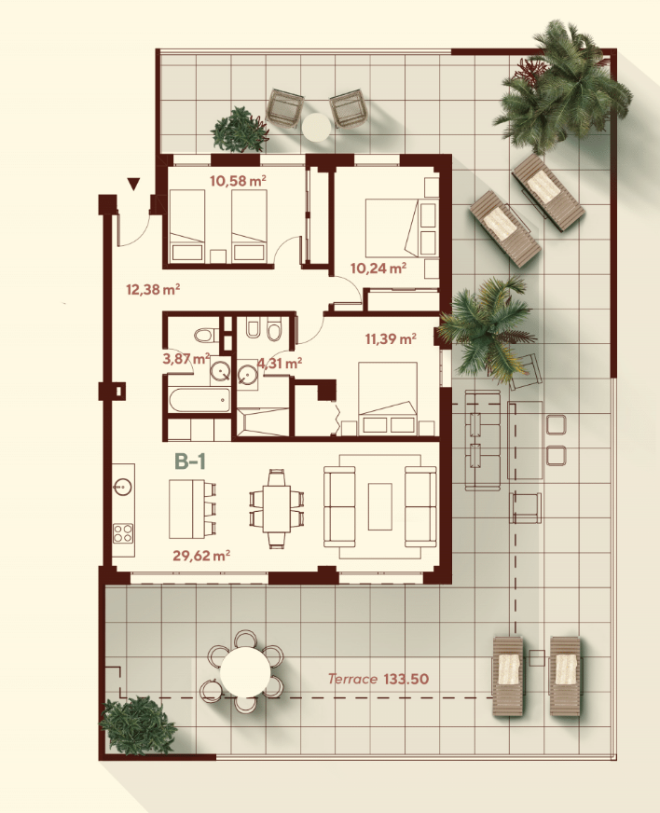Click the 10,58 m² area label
pyautogui.click(x=238, y=181)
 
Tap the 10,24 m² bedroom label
pyautogui.click(x=378, y=269)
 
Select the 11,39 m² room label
pyautogui.click(x=391, y=339)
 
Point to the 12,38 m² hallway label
pyautogui.click(x=153, y=289)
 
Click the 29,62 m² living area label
pyautogui.click(x=201, y=556)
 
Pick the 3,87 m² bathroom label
pyautogui.click(x=186, y=358)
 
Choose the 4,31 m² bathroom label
pyautogui.click(x=280, y=364)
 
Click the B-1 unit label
pyautogui.click(x=190, y=461)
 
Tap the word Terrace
pyautogui.click(x=352, y=679)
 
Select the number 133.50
pyautogui.click(x=406, y=679)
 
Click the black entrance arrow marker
pyautogui.click(x=133, y=184)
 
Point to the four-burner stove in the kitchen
pyautogui.click(x=123, y=533)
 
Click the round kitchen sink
pyautogui.click(x=123, y=487)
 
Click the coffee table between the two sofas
pyautogui.click(x=380, y=506)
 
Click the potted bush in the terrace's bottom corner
pyautogui.click(x=137, y=725)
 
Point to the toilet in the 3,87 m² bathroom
pyautogui.click(x=207, y=335)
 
